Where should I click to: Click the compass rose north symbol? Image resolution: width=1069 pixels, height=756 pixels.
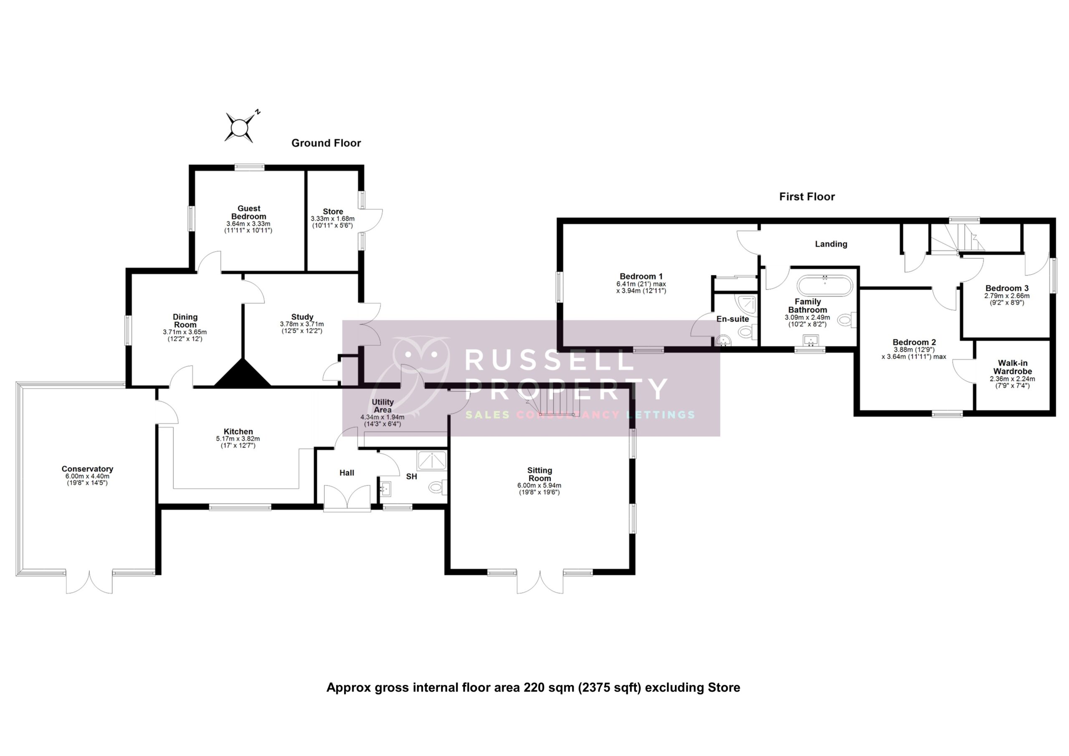(240, 126)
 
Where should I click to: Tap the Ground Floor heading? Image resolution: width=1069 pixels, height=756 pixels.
(326, 143)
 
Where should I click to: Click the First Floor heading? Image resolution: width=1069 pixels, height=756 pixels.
(807, 197)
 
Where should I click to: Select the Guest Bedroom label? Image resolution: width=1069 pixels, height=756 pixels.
(248, 213)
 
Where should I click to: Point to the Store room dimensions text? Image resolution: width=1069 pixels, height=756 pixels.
(332, 222)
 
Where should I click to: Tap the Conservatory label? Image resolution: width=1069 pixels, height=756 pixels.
(87, 469)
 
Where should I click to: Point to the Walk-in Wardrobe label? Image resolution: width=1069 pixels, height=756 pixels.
(1012, 367)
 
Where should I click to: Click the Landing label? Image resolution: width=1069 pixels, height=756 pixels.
(831, 244)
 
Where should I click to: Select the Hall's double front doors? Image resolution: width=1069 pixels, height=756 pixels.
(347, 497)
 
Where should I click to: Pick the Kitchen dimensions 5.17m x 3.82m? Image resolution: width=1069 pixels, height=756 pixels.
(238, 439)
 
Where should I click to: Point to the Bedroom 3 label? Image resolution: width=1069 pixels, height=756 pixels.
(1007, 288)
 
